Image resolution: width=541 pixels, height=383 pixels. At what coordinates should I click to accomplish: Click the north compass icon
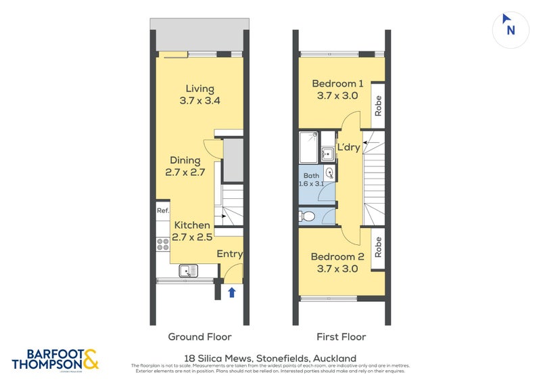pyautogui.click(x=511, y=29)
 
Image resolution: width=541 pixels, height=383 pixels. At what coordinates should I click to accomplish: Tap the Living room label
pyautogui.click(x=200, y=95)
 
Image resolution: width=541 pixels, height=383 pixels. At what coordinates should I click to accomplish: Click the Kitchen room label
pyautogui.click(x=192, y=231)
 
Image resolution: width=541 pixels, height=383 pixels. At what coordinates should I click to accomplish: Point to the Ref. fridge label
pyautogui.click(x=162, y=210)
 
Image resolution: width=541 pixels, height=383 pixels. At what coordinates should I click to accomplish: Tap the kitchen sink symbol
pyautogui.click(x=189, y=271)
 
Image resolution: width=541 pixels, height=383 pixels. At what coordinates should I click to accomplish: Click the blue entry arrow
pyautogui.click(x=232, y=292)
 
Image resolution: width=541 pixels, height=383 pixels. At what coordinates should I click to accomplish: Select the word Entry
pyautogui.click(x=230, y=254)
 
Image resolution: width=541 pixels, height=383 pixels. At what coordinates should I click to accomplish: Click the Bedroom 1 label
pyautogui.click(x=337, y=90)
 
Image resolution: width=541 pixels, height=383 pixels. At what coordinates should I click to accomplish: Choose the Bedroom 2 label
pyautogui.click(x=337, y=263)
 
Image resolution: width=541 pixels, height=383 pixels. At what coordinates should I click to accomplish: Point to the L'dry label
pyautogui.click(x=348, y=148)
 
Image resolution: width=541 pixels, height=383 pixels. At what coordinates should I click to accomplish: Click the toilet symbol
pyautogui.click(x=307, y=217)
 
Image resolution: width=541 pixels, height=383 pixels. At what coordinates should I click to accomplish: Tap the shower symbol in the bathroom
pyautogui.click(x=309, y=147)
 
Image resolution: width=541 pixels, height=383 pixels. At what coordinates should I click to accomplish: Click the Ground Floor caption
pyautogui.click(x=199, y=336)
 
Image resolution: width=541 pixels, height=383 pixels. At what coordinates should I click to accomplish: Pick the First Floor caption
pyautogui.click(x=342, y=336)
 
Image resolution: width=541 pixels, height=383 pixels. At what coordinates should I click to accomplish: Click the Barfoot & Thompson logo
pyautogui.click(x=55, y=359)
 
